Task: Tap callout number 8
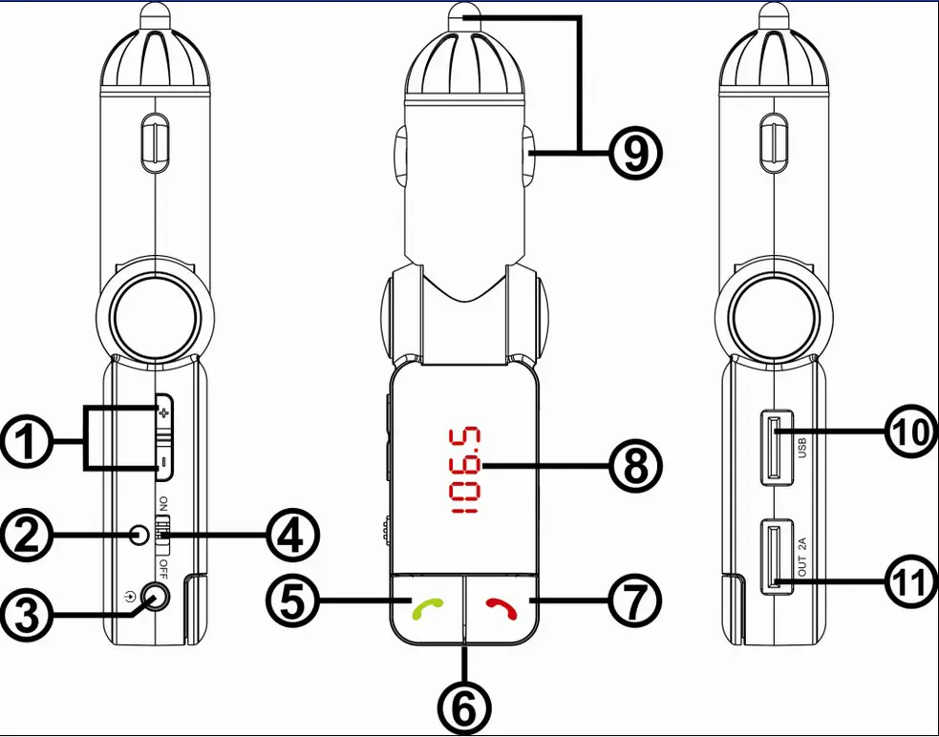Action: [635, 466]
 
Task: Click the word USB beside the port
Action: [802, 445]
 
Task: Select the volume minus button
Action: [163, 463]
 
